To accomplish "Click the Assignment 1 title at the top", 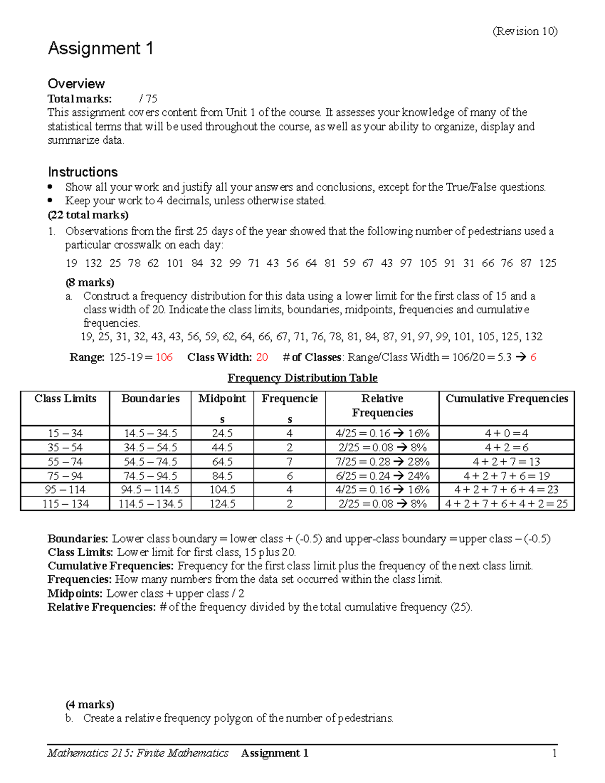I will [100, 49].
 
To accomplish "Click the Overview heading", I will [76, 84].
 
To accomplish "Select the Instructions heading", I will [83, 172].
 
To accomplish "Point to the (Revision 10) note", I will [525, 31].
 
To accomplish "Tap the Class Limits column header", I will [65, 399].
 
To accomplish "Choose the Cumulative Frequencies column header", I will [507, 399].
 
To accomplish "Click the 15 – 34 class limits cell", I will [65, 433].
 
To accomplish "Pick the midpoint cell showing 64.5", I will [222, 461].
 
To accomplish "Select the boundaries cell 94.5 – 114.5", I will [150, 490].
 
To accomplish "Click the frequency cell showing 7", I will [289, 461].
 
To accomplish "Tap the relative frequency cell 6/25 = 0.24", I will [382, 476].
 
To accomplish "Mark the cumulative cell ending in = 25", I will [507, 504].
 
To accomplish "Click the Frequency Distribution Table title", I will [302, 378].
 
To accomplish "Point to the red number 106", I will [164, 357].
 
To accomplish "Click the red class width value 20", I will [262, 357].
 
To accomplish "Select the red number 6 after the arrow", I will [533, 357].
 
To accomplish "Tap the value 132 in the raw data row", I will [93, 263].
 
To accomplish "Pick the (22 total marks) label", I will [88, 215].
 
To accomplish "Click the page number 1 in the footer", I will [555, 753].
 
